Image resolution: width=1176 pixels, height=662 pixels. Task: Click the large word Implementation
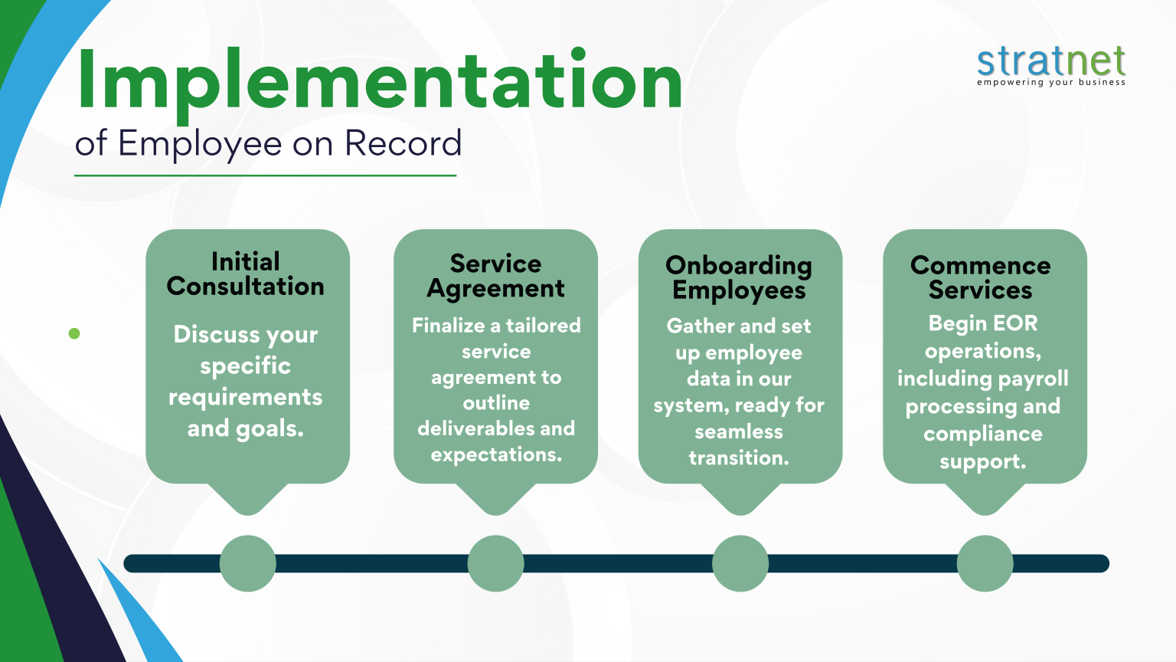click(x=379, y=80)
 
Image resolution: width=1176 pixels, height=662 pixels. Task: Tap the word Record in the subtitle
click(x=403, y=143)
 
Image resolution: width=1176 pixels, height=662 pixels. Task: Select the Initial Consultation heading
click(x=246, y=274)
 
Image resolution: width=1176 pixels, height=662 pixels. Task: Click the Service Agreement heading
click(x=495, y=276)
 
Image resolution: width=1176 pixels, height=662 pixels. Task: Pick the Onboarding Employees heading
click(x=739, y=277)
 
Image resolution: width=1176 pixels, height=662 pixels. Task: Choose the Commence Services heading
click(x=980, y=277)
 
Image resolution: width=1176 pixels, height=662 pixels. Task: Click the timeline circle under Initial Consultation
click(x=247, y=564)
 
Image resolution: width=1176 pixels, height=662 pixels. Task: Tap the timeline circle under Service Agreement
click(x=495, y=564)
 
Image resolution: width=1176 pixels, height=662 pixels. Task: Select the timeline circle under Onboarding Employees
click(x=740, y=564)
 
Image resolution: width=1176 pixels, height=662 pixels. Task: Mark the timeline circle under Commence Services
click(x=985, y=564)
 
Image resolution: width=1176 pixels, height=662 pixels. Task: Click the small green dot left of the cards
click(x=74, y=333)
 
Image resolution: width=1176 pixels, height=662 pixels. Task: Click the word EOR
click(x=1016, y=323)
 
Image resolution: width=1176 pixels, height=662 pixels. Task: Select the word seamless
click(x=739, y=432)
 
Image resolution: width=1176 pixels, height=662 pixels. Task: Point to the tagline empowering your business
click(x=1050, y=83)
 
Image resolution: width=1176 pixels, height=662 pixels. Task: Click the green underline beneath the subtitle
click(x=265, y=175)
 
